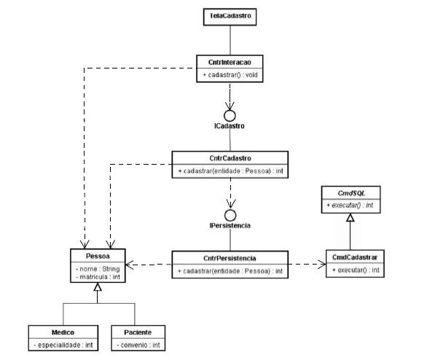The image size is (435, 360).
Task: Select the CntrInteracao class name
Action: pyautogui.click(x=230, y=62)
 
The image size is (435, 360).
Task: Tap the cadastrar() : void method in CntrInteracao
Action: pyautogui.click(x=230, y=75)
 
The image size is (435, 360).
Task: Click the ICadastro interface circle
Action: pyautogui.click(x=230, y=116)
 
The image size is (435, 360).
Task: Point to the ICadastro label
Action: pyautogui.click(x=230, y=126)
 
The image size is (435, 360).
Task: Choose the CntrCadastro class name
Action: pyautogui.click(x=230, y=158)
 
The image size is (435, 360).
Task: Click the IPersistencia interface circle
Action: pyautogui.click(x=230, y=215)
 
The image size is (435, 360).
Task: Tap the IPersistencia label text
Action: pyautogui.click(x=230, y=225)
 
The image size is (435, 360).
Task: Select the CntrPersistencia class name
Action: pyautogui.click(x=230, y=259)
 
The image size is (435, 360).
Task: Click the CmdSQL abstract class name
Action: pyautogui.click(x=351, y=193)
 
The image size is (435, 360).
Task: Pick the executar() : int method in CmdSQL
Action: pyautogui.click(x=350, y=206)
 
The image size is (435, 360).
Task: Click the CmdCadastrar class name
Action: pyautogui.click(x=355, y=257)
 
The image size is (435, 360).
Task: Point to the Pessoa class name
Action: pyautogui.click(x=98, y=256)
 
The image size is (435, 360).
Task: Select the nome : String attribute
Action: pyautogui.click(x=98, y=269)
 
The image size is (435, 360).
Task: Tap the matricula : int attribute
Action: pyautogui.click(x=98, y=277)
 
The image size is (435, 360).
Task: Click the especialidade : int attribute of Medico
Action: pyautogui.click(x=63, y=345)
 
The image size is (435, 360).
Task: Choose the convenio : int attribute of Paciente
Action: pyautogui.click(x=138, y=345)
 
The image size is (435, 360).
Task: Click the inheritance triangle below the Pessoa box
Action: pyautogui.click(x=98, y=286)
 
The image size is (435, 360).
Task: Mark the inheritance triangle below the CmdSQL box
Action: pyautogui.click(x=350, y=217)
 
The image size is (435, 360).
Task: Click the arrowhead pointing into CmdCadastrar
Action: pyautogui.click(x=322, y=265)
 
